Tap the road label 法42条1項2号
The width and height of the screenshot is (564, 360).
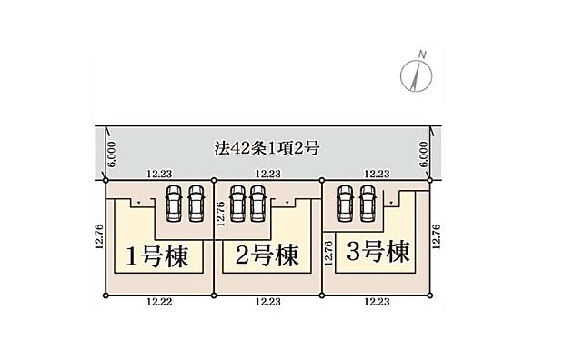click(x=267, y=146)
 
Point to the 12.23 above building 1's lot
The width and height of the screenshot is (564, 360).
click(x=161, y=174)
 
